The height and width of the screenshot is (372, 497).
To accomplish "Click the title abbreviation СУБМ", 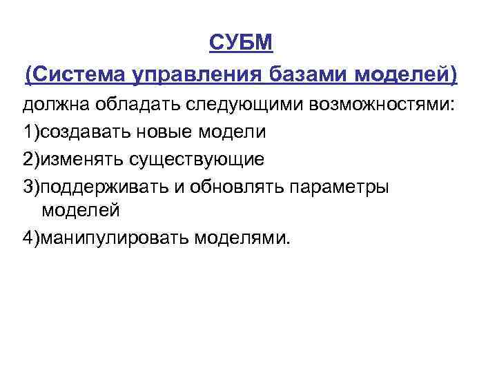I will coord(241,43).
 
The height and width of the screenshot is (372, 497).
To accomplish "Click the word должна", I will coord(50,105).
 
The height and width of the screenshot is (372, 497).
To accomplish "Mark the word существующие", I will coord(195,159).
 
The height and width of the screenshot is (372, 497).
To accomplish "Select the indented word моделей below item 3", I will coord(81,209).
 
